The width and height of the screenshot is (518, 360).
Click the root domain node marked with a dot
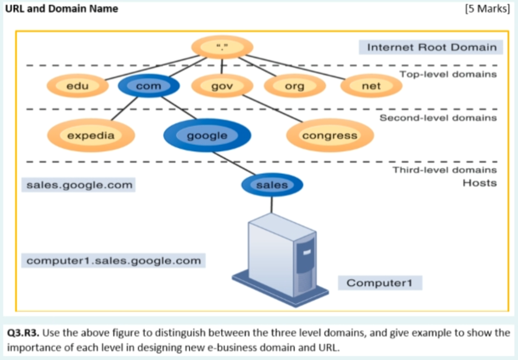click(x=222, y=48)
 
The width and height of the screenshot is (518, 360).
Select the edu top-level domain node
click(x=78, y=86)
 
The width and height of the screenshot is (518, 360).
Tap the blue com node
click(x=148, y=86)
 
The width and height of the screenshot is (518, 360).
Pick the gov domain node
click(x=222, y=86)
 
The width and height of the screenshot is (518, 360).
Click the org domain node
click(x=294, y=86)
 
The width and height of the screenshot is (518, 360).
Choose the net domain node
click(x=371, y=86)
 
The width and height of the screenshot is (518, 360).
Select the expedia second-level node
click(x=91, y=135)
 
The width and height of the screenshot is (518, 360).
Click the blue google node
click(x=207, y=135)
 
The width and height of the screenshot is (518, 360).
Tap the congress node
click(x=330, y=135)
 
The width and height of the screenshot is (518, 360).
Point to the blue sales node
click(x=272, y=185)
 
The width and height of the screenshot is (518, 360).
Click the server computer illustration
click(x=281, y=257)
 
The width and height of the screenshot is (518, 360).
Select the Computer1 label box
click(x=384, y=283)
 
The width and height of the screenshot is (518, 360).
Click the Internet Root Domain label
click(x=431, y=47)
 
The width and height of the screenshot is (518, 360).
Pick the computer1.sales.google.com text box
click(x=113, y=261)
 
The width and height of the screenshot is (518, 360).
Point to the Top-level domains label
click(x=448, y=74)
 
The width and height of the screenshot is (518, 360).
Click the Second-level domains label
click(x=437, y=118)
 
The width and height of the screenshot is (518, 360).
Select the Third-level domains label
click(x=444, y=170)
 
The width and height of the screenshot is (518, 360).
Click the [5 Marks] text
click(x=486, y=9)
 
